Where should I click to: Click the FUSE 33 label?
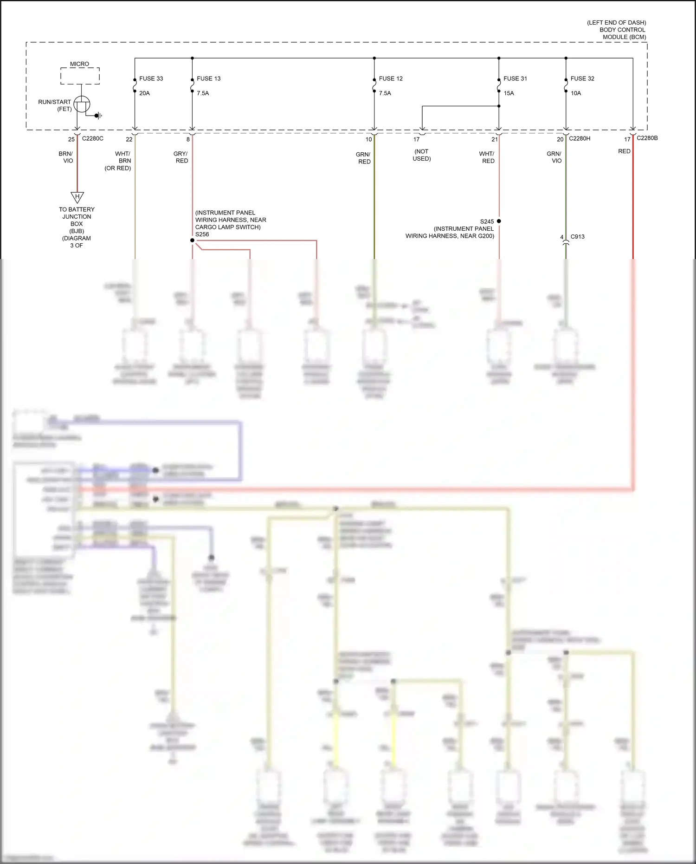click(x=151, y=78)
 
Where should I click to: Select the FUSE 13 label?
click(x=208, y=78)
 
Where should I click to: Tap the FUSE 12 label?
click(x=391, y=78)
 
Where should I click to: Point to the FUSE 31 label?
click(x=515, y=78)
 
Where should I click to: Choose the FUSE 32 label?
click(x=582, y=78)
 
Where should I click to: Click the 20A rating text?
click(x=144, y=93)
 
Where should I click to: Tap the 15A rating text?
click(x=509, y=93)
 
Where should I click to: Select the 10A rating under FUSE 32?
click(x=575, y=93)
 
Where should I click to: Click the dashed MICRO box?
click(x=80, y=76)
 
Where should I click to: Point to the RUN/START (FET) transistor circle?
click(x=82, y=104)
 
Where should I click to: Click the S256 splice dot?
click(x=192, y=240)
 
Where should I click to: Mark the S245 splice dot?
click(x=499, y=221)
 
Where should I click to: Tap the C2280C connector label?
click(x=92, y=138)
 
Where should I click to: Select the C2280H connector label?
click(x=580, y=138)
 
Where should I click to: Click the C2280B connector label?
click(x=647, y=138)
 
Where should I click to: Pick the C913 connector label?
click(x=577, y=236)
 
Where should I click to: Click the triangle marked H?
click(x=77, y=197)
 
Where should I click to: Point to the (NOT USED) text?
click(x=421, y=155)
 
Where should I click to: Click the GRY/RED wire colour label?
click(x=180, y=157)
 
